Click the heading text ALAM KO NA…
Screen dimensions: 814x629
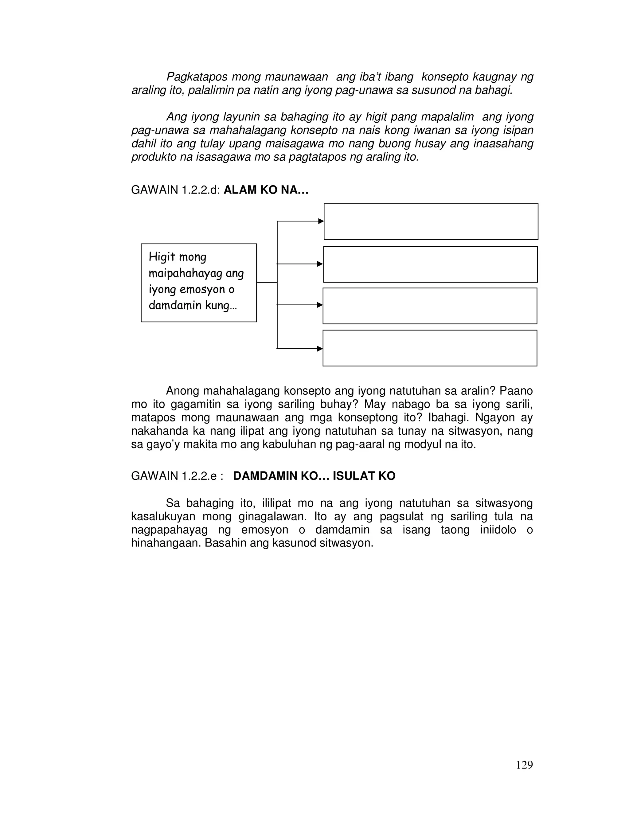click(266, 190)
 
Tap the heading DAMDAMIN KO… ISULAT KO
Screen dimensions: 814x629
click(314, 476)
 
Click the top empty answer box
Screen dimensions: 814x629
click(431, 221)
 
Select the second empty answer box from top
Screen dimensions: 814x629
click(430, 264)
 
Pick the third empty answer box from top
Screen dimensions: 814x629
click(430, 306)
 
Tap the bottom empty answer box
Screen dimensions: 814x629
click(430, 348)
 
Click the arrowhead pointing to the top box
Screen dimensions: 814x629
click(321, 221)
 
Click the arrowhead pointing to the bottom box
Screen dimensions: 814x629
click(320, 349)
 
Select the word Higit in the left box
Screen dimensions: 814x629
click(162, 257)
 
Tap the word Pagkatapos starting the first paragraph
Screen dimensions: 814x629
click(196, 77)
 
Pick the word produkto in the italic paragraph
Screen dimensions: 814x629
click(154, 157)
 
